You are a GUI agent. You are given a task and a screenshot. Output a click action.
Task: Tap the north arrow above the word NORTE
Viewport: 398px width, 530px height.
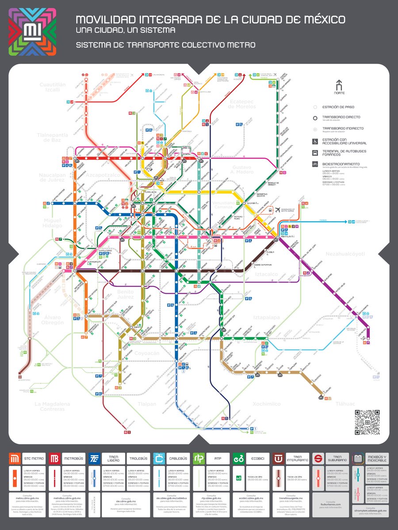point(340,84)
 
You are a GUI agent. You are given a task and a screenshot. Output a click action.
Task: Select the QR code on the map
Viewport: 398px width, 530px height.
point(366,422)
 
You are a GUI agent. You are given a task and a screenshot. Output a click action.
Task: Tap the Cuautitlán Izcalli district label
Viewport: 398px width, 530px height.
point(43,87)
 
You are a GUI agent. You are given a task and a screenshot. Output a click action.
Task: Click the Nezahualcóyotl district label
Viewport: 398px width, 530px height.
point(356,254)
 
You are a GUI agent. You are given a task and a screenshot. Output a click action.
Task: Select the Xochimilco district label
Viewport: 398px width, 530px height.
point(267,404)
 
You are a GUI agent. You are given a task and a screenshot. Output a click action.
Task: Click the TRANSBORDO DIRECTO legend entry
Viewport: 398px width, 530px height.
point(341,117)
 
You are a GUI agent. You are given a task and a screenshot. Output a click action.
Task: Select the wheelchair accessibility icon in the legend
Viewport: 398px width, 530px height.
point(315,141)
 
